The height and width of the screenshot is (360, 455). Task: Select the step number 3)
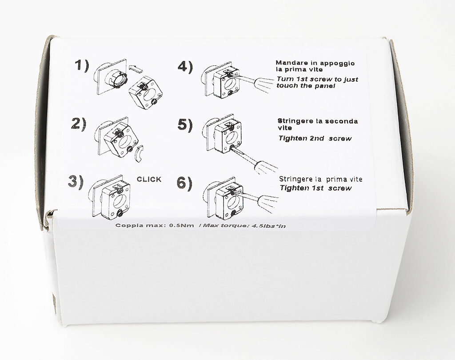76,182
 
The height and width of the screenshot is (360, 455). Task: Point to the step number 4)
185,67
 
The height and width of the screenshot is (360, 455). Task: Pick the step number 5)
185,125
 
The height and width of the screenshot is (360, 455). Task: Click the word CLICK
149,180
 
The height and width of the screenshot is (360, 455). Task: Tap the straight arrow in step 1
136,68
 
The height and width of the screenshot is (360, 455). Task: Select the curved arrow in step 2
139,153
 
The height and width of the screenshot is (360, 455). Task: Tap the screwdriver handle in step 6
268,202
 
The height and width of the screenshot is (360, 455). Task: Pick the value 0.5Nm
181,225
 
